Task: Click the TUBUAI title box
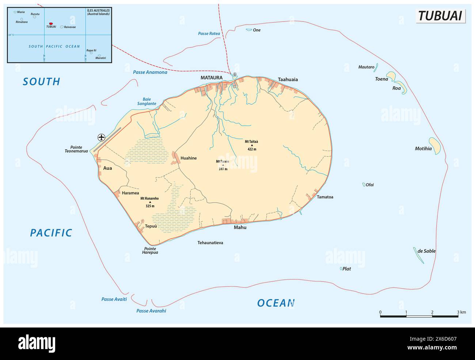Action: pyautogui.click(x=440, y=16)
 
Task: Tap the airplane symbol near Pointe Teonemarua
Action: pyautogui.click(x=102, y=137)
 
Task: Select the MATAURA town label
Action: pyautogui.click(x=212, y=77)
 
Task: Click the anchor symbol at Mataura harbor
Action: pyautogui.click(x=235, y=74)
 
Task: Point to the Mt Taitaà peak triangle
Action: pyautogui.click(x=252, y=145)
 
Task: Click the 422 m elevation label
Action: pyautogui.click(x=252, y=149)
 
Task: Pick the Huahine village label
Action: pyautogui.click(x=189, y=158)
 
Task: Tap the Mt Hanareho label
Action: pyautogui.click(x=149, y=199)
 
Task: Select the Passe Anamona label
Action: pyautogui.click(x=150, y=72)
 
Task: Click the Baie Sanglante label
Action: pyautogui.click(x=147, y=102)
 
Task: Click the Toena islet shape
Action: pyautogui.click(x=391, y=76)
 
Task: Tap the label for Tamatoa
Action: pyautogui.click(x=325, y=197)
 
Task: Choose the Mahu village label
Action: pyautogui.click(x=240, y=227)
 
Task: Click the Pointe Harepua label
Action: pyautogui.click(x=150, y=250)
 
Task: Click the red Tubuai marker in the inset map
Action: pyautogui.click(x=51, y=23)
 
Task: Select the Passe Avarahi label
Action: pyautogui.click(x=151, y=311)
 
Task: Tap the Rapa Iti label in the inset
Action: pyautogui.click(x=91, y=50)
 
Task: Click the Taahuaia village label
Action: pyautogui.click(x=288, y=79)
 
